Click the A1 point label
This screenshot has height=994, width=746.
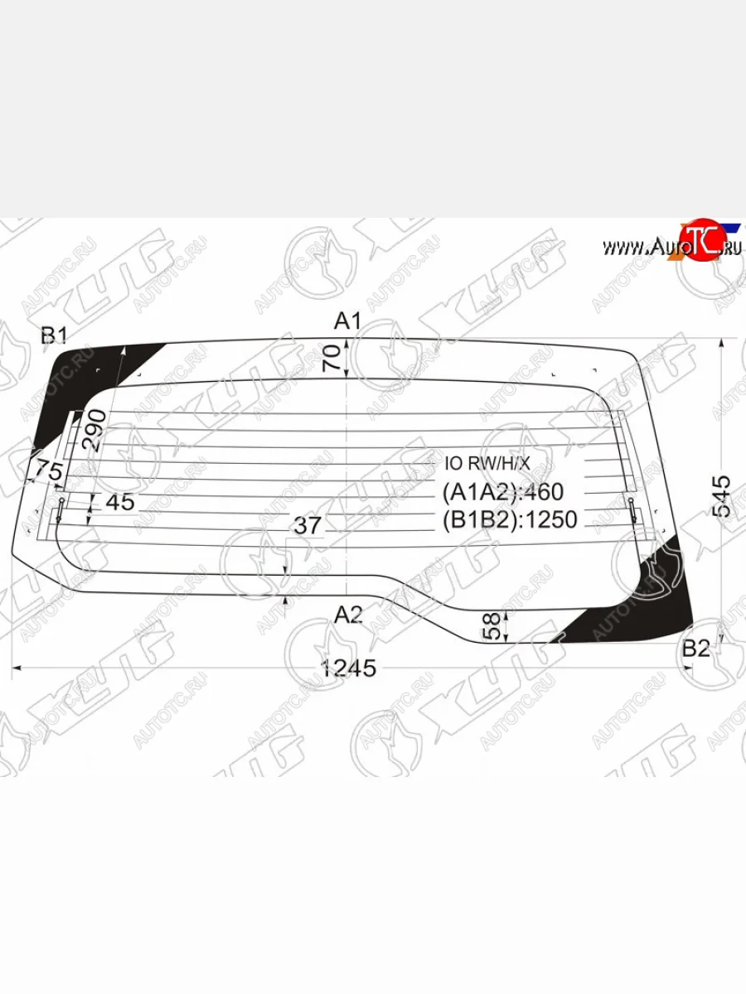coord(347,321)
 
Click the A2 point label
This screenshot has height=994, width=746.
coord(349,615)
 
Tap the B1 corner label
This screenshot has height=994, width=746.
coord(54,335)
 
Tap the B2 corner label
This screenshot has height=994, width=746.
coord(695,649)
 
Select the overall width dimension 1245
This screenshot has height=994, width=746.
coord(349,668)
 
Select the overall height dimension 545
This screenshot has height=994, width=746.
coord(721,495)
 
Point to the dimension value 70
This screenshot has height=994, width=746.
coord(332,358)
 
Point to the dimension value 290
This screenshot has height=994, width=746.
coord(96,429)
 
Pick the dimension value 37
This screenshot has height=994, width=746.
coord(308,525)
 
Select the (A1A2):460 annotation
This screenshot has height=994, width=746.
coord(503,492)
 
